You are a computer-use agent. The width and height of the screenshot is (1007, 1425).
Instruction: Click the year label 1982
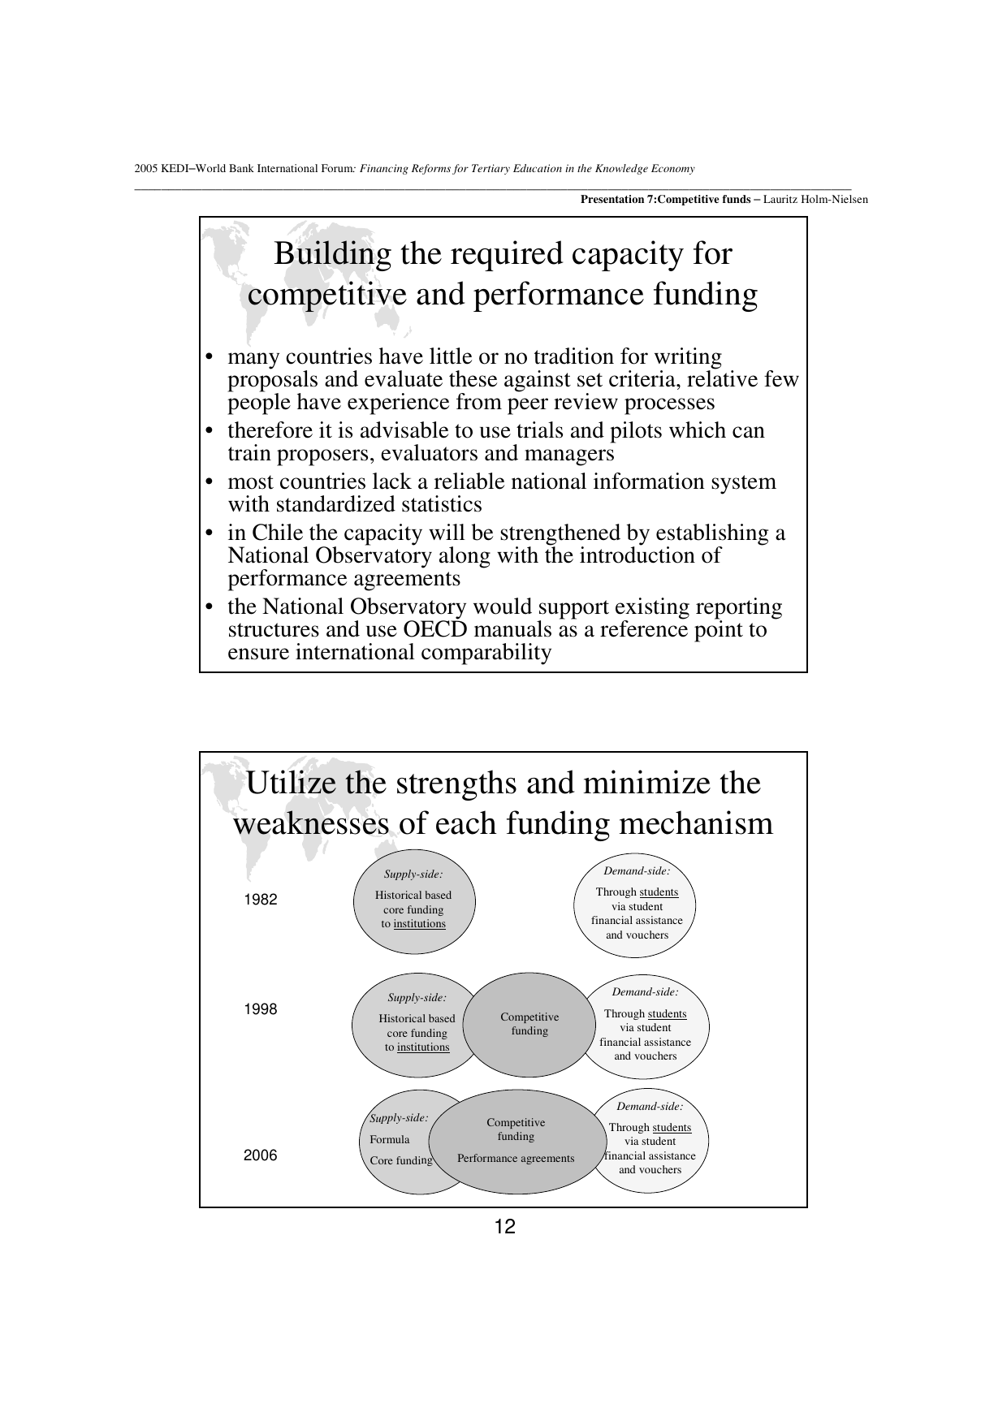[261, 900]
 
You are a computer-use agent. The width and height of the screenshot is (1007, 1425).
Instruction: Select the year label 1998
[261, 1009]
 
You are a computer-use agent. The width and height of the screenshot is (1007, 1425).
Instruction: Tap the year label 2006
[261, 1155]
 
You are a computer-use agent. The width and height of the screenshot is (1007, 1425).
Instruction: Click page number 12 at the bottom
[504, 1227]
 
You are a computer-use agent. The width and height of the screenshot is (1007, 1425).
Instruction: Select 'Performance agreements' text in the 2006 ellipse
[516, 1159]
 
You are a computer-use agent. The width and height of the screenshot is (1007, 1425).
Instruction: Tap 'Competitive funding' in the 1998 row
[529, 1024]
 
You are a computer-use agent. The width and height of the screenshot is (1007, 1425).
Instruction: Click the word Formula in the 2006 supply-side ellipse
[390, 1139]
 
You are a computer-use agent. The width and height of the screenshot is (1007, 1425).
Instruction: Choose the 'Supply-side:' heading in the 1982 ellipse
[413, 874]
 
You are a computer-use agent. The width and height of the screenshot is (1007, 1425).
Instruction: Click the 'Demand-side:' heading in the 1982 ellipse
[637, 871]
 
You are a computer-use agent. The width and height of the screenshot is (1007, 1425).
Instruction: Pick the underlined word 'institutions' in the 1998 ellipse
[423, 1047]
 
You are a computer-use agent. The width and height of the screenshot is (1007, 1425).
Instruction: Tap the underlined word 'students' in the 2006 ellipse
[672, 1128]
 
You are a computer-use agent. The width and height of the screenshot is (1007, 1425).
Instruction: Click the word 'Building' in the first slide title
[332, 254]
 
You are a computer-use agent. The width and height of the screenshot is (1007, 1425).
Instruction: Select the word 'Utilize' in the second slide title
[292, 784]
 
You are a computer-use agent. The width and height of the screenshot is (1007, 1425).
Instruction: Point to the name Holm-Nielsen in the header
[836, 199]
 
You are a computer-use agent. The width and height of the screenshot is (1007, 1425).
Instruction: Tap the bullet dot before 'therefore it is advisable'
[210, 431]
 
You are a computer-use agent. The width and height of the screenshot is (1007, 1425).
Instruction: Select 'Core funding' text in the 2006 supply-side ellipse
[401, 1160]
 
